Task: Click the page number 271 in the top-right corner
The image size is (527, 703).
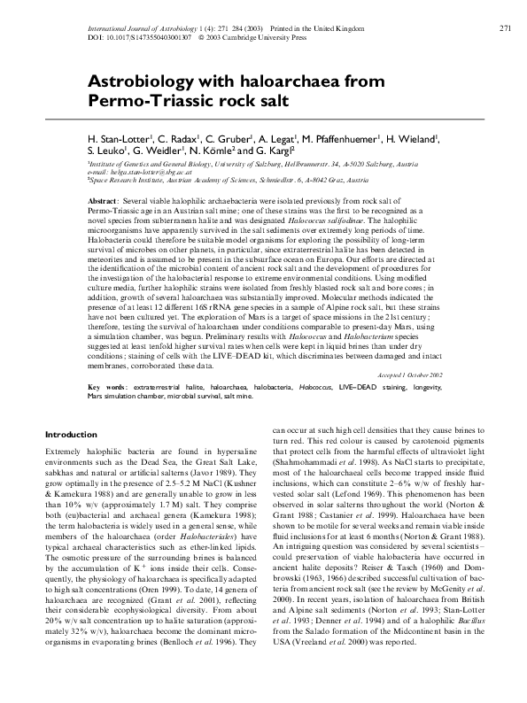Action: [x=506, y=28]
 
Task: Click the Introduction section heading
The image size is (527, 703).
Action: [x=71, y=435]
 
